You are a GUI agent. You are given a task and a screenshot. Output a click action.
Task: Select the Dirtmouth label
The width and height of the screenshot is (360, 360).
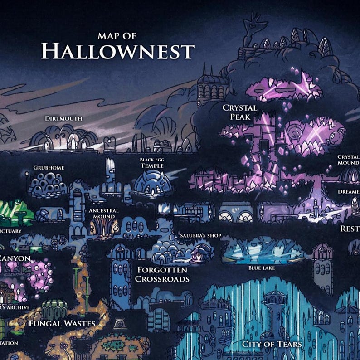pyautogui.click(x=63, y=119)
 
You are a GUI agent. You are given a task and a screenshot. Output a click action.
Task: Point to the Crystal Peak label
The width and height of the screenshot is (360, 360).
pyautogui.click(x=240, y=112)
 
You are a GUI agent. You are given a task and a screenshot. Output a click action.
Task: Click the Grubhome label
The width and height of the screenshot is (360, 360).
pyautogui.click(x=49, y=168)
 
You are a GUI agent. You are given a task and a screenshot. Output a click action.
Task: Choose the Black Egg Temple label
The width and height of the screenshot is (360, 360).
pyautogui.click(x=151, y=163)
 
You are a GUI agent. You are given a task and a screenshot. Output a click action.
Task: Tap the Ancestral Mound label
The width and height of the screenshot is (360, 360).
pyautogui.click(x=104, y=214)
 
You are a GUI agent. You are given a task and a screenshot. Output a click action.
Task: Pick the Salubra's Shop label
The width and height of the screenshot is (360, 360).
pyautogui.click(x=200, y=236)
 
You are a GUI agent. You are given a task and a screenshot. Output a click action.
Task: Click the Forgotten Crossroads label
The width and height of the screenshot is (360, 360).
pyautogui.click(x=162, y=274)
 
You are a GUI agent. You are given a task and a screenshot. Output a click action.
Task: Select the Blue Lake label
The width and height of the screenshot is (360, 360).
pyautogui.click(x=262, y=268)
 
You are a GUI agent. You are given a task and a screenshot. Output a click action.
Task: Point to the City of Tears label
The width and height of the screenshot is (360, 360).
pyautogui.click(x=272, y=344)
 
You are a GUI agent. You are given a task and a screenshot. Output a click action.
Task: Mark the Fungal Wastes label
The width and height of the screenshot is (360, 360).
pyautogui.click(x=62, y=323)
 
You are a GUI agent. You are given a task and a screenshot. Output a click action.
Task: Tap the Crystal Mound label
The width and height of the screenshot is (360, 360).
pyautogui.click(x=349, y=160)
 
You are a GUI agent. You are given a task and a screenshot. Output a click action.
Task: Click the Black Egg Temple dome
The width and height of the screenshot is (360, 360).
pyautogui.click(x=153, y=186)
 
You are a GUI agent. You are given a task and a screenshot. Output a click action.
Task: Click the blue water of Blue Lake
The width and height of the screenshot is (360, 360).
pyautogui.click(x=263, y=254)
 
